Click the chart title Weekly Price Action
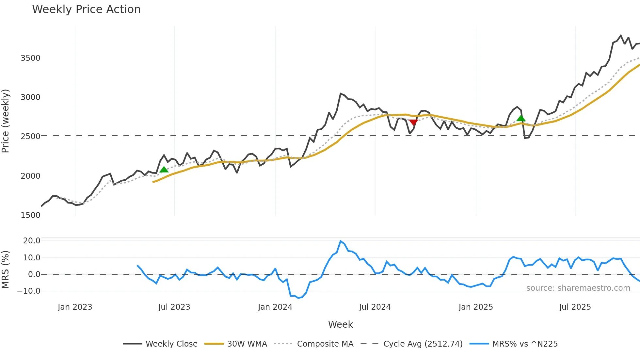click(86, 9)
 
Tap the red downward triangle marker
click(413, 123)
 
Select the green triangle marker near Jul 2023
click(164, 169)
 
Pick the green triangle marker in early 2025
click(521, 118)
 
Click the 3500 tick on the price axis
click(30, 58)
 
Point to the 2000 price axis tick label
click(30, 176)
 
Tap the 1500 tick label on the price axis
click(30, 215)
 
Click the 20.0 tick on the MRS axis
click(32, 241)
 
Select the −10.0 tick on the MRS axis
click(29, 291)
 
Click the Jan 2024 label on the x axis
click(275, 307)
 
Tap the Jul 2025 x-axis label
click(575, 307)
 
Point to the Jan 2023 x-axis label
click(75, 307)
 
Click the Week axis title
click(340, 324)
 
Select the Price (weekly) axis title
click(6, 121)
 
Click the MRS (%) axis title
click(6, 270)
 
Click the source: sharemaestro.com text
click(578, 288)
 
